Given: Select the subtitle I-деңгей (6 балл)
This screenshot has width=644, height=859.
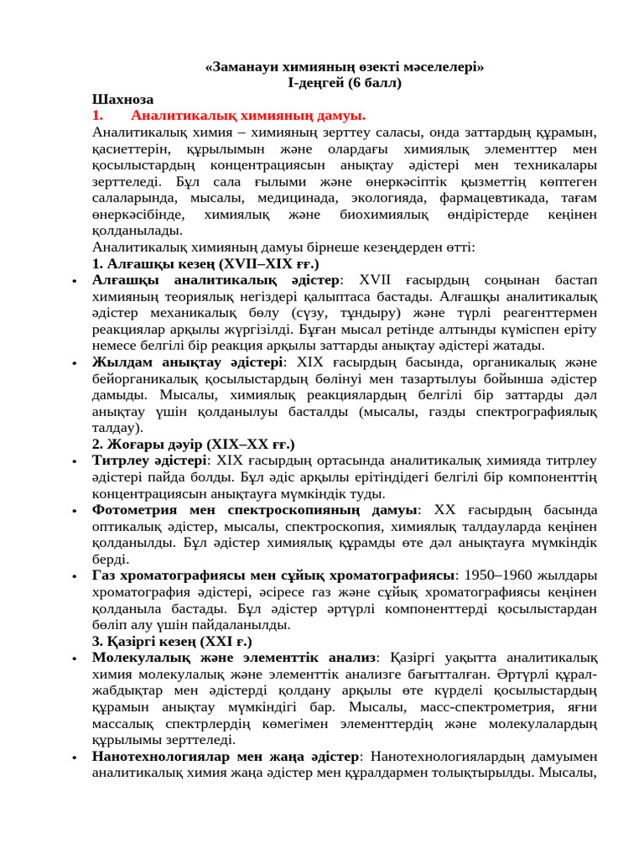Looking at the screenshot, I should (345, 82).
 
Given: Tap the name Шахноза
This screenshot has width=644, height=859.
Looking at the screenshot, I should (123, 99).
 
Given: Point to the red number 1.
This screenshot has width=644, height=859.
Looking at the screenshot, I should (97, 116).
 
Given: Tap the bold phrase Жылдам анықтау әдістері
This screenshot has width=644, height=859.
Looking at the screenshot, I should (188, 362).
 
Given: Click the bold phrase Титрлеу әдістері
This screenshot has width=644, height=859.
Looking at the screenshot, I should (149, 461).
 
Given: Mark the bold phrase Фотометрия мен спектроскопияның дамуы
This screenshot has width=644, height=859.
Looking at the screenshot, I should (255, 510).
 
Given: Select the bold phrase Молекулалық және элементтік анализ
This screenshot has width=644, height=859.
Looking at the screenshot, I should (234, 659).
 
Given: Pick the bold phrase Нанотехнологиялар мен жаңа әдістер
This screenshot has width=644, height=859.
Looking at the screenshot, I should (226, 757).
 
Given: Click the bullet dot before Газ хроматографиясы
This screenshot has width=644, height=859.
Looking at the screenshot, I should (75, 576).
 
